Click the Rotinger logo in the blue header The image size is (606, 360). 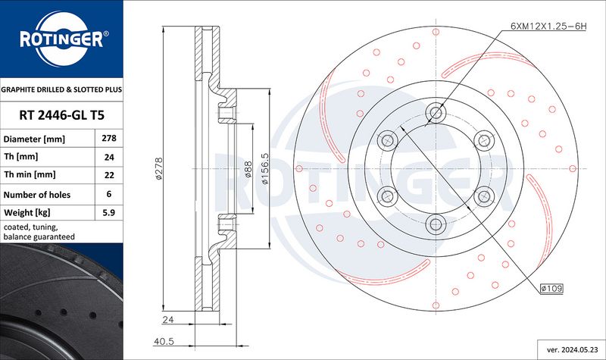pyautogui.click(x=62, y=39)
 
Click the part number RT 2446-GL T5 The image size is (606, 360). pyautogui.click(x=62, y=115)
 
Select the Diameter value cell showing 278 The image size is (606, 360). pyautogui.click(x=109, y=138)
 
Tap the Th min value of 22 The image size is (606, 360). pyautogui.click(x=109, y=175)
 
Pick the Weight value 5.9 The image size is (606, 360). pyautogui.click(x=109, y=212)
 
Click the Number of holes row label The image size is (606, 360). pyautogui.click(x=37, y=195)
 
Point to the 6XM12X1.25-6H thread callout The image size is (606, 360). pyautogui.click(x=548, y=27)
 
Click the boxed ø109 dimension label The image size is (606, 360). pyautogui.click(x=552, y=288)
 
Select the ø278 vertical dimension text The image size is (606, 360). pyautogui.click(x=159, y=168)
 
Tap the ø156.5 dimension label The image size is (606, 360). pyautogui.click(x=264, y=168)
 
